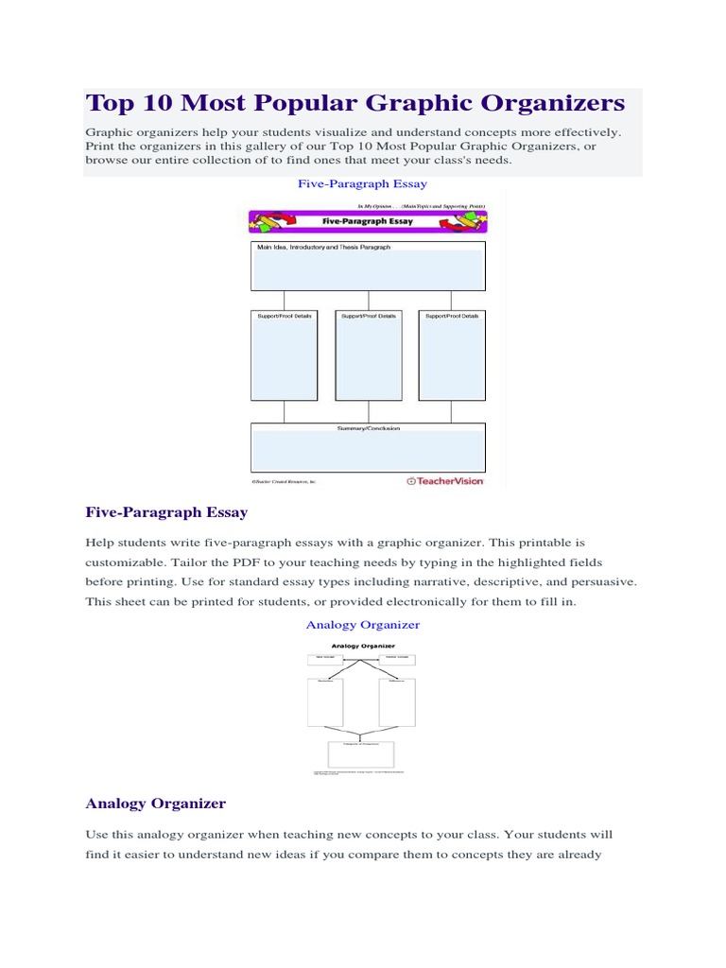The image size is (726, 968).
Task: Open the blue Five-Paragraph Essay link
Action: point(362,183)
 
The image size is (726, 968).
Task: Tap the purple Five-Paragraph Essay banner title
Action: point(368,221)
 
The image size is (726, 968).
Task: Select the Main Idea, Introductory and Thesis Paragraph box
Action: point(368,266)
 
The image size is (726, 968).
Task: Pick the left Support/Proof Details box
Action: point(284,355)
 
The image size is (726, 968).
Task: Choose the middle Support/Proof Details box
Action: point(368,355)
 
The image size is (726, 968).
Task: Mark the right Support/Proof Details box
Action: point(451,355)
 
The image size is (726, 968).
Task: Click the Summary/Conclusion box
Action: point(368,446)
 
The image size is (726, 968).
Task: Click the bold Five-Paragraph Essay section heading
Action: point(166,512)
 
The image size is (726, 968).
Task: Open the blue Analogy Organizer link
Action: point(362,625)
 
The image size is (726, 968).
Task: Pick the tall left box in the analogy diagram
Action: point(325,702)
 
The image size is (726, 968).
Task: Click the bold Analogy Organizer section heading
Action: point(156,804)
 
